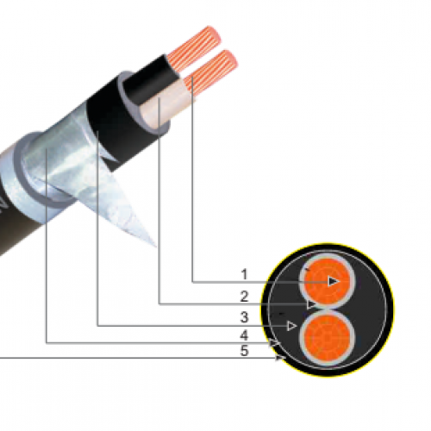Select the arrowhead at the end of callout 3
[x=293, y=326]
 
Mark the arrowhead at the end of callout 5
[x=279, y=358]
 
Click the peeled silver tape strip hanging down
[x=129, y=207]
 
